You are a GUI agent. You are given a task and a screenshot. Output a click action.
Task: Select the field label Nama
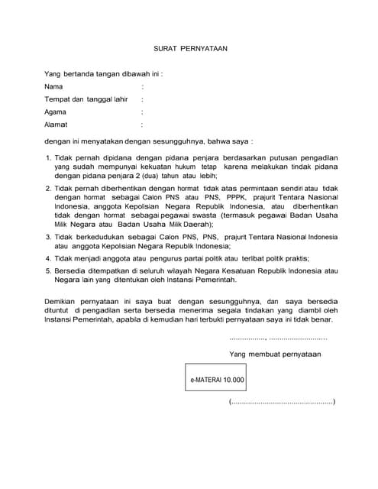tap(53, 86)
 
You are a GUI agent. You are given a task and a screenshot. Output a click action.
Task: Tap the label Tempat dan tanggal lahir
tap(85, 99)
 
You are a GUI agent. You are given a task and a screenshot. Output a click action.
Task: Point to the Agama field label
tap(56, 111)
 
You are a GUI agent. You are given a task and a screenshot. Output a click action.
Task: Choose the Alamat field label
tap(56, 123)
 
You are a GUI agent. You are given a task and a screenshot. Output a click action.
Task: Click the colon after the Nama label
tap(142, 86)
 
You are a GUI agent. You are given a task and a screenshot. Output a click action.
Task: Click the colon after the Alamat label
tap(142, 123)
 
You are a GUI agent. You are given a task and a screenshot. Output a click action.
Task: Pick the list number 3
tap(47, 237)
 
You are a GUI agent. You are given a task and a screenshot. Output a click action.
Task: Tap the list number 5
tap(47, 270)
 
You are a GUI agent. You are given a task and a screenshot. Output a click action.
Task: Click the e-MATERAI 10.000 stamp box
tap(218, 379)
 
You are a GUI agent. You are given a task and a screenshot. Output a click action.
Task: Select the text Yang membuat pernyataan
tap(275, 354)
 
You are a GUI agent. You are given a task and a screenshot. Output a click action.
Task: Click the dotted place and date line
tap(278, 337)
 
